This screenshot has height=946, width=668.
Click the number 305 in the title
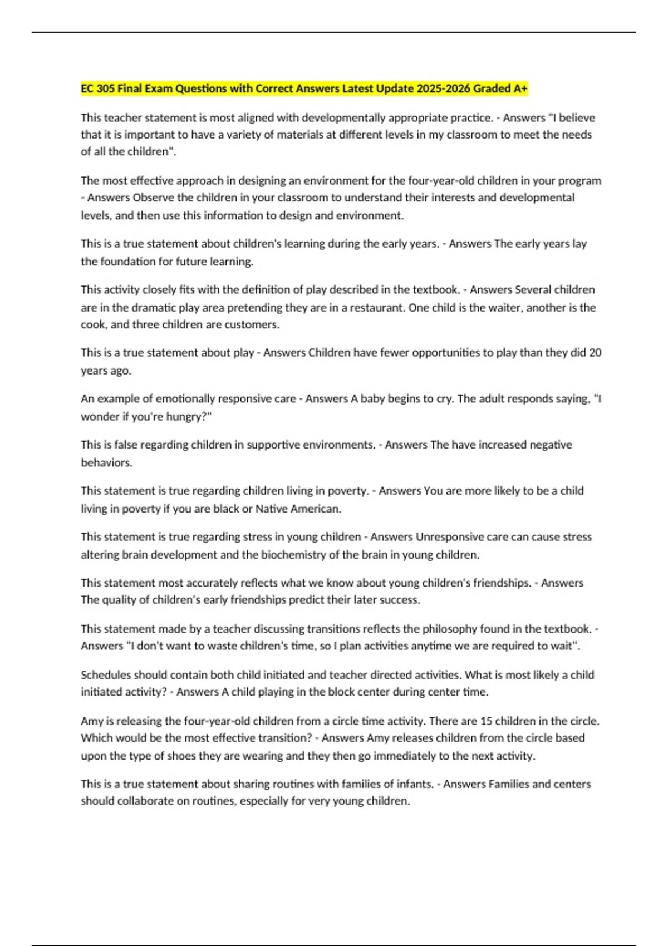coord(105,88)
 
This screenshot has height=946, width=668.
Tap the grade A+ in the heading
coord(520,88)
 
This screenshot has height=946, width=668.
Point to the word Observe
coord(154,198)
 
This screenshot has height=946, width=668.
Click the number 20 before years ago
coord(595,353)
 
